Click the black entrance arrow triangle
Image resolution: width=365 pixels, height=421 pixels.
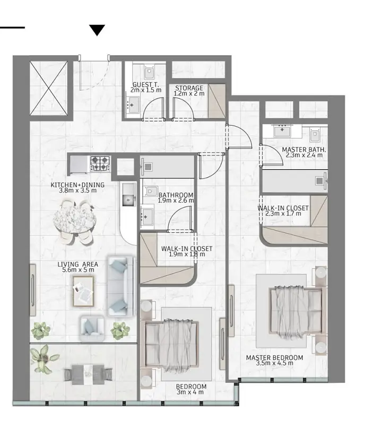(97, 30)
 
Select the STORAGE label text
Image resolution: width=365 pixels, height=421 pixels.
(189, 88)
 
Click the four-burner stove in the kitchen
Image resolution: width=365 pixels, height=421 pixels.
(100, 164)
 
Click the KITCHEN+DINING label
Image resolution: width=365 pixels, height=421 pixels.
(77, 185)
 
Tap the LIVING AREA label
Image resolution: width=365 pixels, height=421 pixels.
(78, 264)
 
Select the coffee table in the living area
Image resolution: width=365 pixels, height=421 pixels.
(83, 292)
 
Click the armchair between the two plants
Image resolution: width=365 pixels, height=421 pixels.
(92, 328)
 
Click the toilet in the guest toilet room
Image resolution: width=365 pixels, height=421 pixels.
(149, 72)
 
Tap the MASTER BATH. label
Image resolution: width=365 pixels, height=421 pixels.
(304, 150)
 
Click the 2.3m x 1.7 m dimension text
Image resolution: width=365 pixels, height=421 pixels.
(283, 214)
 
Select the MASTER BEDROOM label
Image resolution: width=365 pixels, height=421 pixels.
(274, 357)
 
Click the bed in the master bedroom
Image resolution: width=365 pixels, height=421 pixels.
(297, 312)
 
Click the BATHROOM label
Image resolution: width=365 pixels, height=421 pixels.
(176, 195)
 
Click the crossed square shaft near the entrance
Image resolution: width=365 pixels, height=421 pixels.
(48, 88)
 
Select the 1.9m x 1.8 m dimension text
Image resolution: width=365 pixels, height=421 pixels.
(187, 254)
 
